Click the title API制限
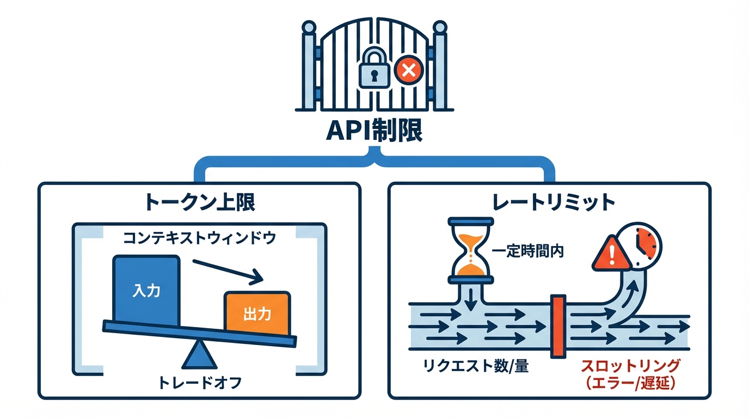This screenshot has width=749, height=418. (374, 132)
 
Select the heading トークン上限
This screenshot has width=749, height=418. (199, 203)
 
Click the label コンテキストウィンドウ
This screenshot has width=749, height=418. (199, 238)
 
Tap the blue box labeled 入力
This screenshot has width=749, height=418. (146, 290)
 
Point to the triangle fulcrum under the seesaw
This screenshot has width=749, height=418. (199, 356)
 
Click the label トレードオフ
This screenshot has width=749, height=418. (199, 383)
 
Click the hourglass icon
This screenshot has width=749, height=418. (470, 250)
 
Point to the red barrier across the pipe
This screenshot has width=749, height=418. (557, 326)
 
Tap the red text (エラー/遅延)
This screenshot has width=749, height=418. (630, 384)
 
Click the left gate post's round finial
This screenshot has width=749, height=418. (309, 27)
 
